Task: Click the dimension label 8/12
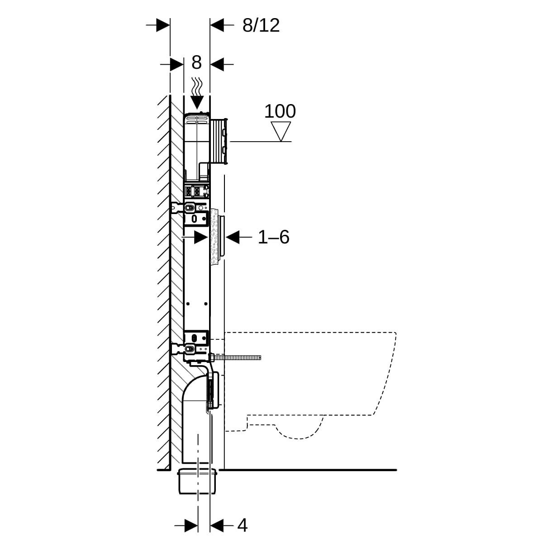[261, 26]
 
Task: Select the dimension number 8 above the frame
[196, 62]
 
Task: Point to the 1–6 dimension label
[273, 237]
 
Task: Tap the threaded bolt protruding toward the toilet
[235, 358]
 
